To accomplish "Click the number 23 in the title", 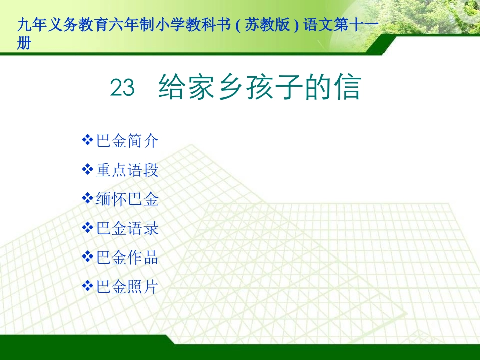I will click(x=122, y=88).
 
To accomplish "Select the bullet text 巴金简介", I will click(x=127, y=141).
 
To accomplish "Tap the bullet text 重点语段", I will click(x=127, y=170).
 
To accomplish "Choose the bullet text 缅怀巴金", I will click(x=127, y=199).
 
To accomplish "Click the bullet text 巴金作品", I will click(x=127, y=258).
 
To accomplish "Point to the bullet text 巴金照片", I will click(x=127, y=287).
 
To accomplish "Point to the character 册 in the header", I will click(x=24, y=44).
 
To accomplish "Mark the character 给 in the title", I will click(x=170, y=88).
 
